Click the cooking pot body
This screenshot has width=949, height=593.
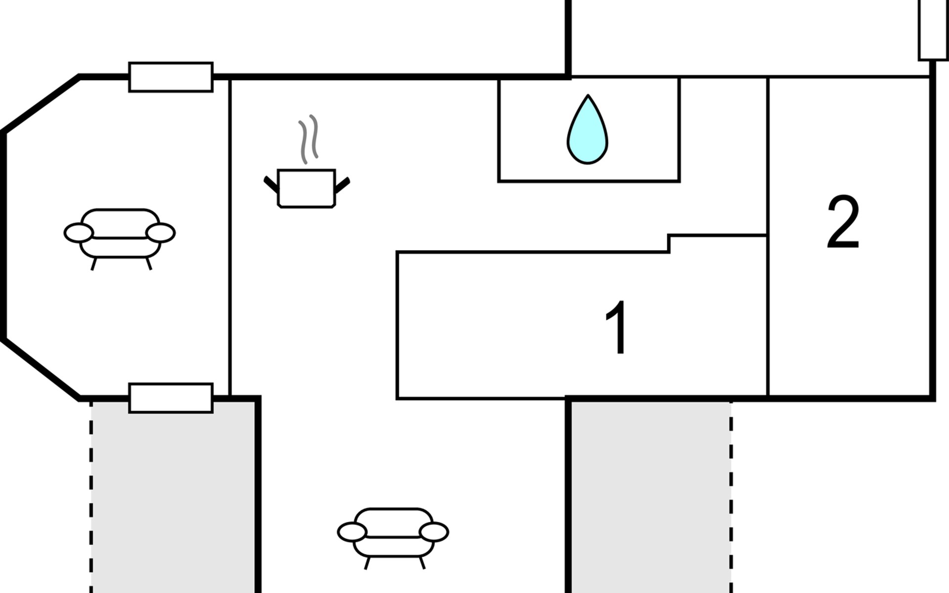(x=306, y=188)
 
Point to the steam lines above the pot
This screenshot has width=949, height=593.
(x=308, y=139)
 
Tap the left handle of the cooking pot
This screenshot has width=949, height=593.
(x=271, y=184)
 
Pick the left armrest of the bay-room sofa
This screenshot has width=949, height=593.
(x=79, y=233)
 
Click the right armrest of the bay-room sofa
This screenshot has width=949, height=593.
(x=161, y=233)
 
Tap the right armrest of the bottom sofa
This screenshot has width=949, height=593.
(x=434, y=532)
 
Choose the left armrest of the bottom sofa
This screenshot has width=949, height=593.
(x=352, y=532)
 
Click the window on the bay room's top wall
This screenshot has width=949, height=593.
(x=171, y=77)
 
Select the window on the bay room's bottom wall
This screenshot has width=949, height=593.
(x=171, y=398)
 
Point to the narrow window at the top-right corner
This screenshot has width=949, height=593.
(x=933, y=30)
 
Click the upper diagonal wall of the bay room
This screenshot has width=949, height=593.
(x=42, y=104)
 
